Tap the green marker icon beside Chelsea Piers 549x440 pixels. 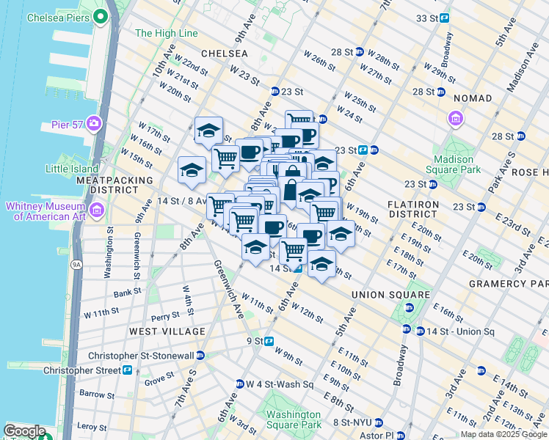pos(100,16)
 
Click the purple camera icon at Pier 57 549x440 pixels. pos(93,122)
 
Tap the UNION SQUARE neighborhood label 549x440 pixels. pos(390,295)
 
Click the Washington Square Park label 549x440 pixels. pos(294,419)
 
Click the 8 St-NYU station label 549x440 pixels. pos(352,422)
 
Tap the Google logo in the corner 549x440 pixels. pos(24,431)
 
